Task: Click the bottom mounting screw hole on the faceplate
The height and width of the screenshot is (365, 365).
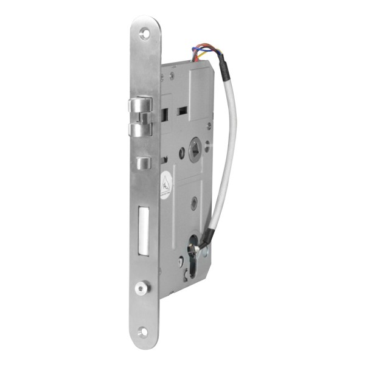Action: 143,332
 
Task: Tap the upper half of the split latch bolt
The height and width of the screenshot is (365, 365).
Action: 144,106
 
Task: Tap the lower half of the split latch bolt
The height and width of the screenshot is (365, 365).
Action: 144,130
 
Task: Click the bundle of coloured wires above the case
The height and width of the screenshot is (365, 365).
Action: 201,52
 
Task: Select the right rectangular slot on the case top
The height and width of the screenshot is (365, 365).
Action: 181,111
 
